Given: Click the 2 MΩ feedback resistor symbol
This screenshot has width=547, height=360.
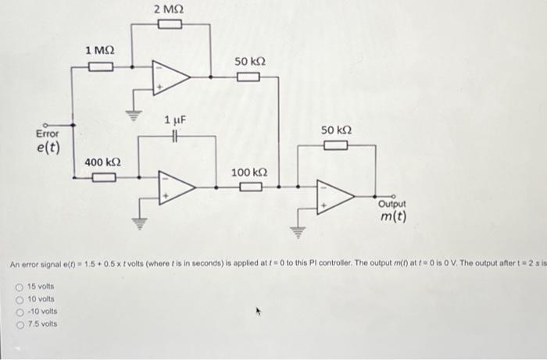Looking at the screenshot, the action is (170, 24).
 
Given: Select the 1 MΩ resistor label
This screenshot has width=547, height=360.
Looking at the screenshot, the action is (100, 51).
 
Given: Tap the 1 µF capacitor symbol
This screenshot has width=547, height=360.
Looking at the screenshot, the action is (176, 136).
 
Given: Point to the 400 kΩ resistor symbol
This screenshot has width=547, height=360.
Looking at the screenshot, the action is (104, 177).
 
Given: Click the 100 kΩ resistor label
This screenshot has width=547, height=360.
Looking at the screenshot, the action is (249, 173).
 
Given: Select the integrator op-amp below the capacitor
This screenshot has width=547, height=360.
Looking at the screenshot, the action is (177, 187).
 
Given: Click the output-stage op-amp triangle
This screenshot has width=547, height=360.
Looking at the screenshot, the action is (335, 197).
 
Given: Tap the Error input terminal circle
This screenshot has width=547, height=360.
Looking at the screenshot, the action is (45, 125).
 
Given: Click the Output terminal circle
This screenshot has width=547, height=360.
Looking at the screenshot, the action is (394, 197).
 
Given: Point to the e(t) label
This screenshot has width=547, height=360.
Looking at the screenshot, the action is (48, 148).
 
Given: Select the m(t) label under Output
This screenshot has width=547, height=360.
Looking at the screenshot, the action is (394, 216).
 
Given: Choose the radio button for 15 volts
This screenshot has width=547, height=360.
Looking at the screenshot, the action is (20, 287).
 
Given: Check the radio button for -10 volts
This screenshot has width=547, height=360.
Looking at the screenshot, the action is (20, 312).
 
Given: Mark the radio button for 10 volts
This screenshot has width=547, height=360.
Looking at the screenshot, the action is (20, 300).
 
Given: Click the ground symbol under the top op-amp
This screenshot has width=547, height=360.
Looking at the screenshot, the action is (134, 116).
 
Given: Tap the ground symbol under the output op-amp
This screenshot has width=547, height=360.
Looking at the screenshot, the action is (298, 233).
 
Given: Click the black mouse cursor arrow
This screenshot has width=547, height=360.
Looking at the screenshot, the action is (259, 311).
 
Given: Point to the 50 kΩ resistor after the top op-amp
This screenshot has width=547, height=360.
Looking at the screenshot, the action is (248, 77).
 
